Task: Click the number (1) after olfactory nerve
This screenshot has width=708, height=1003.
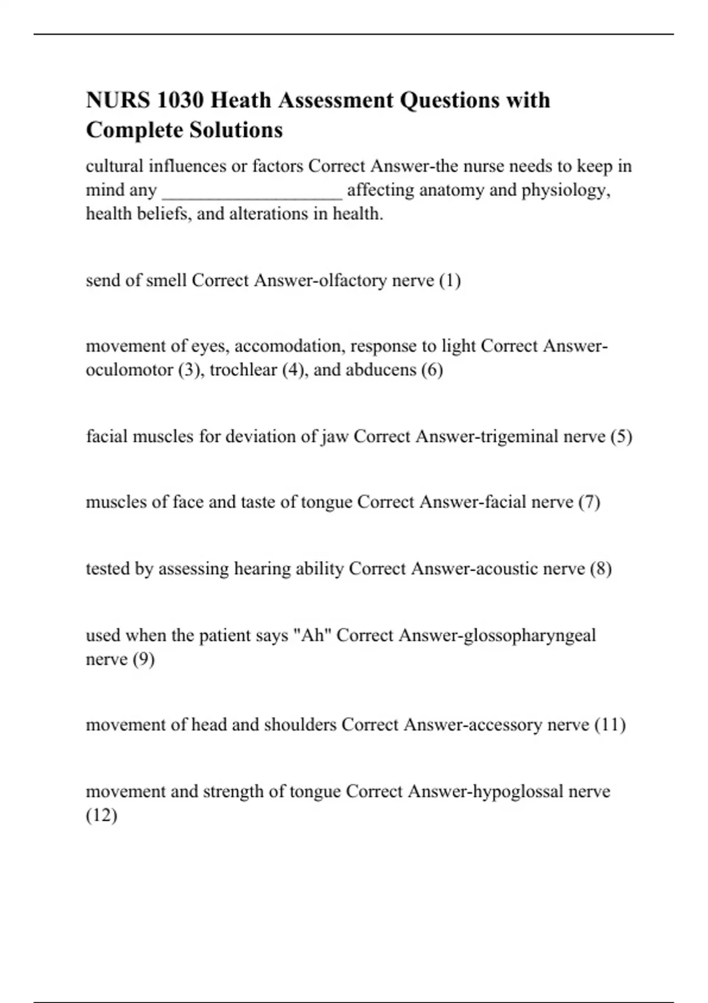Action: click(x=450, y=280)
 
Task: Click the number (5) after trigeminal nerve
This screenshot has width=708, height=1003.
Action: click(x=621, y=437)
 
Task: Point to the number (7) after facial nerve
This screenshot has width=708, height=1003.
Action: click(x=589, y=502)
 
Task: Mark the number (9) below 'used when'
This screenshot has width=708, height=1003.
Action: click(x=143, y=660)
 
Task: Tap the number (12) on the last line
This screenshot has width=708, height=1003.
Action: click(x=101, y=815)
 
